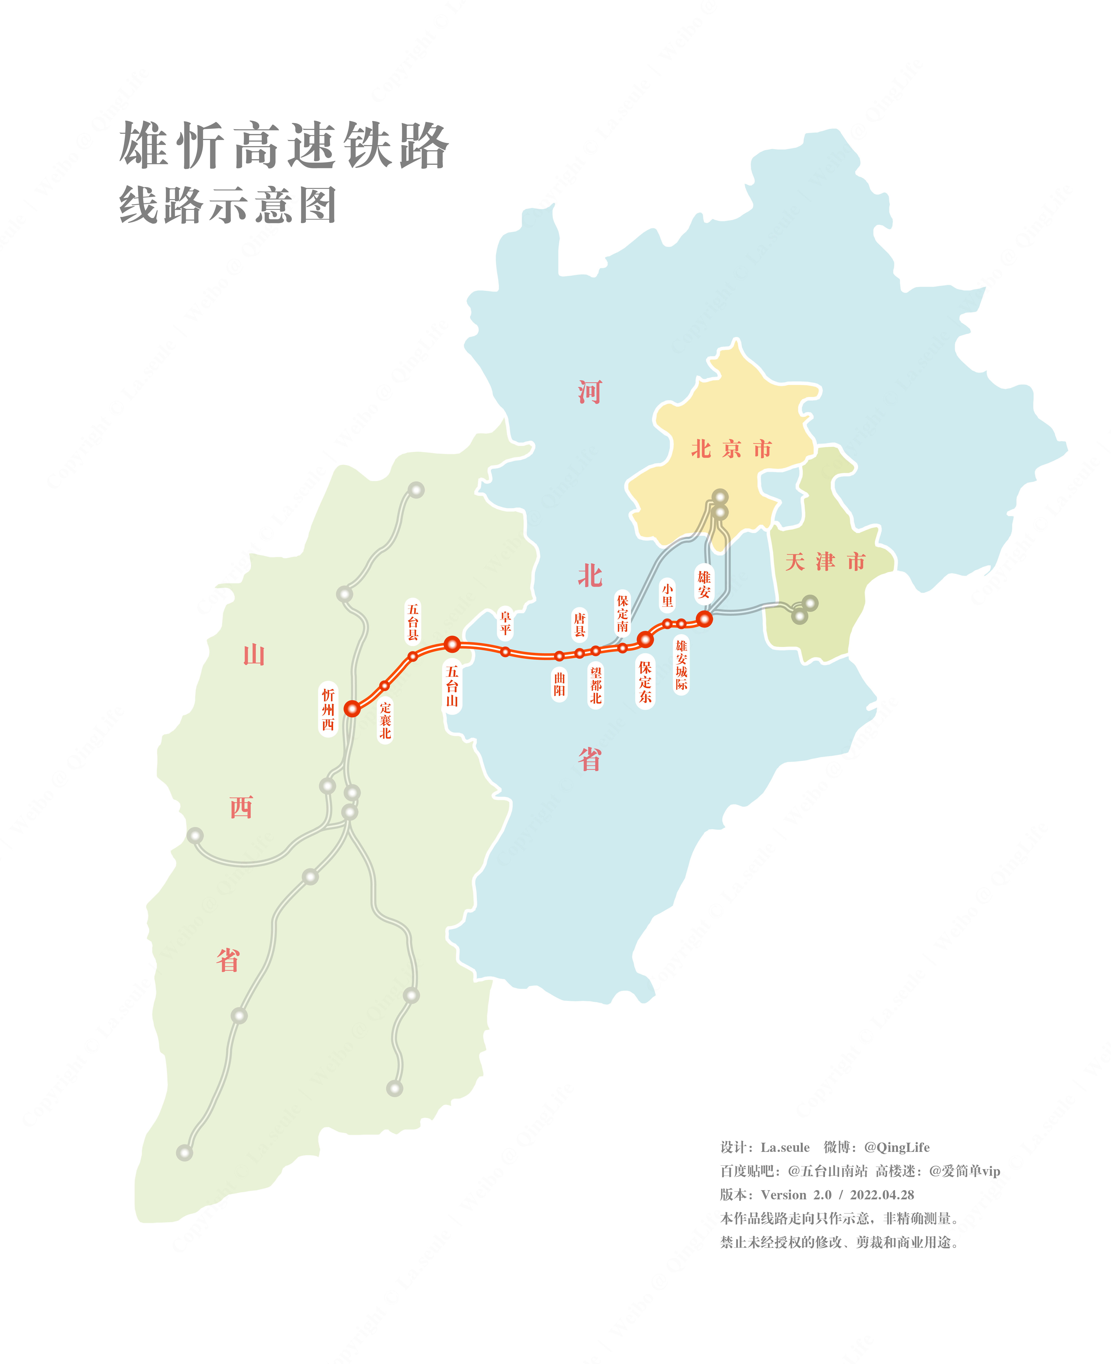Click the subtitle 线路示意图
[x=228, y=205]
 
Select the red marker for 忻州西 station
[x=352, y=708]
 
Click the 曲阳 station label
[x=559, y=684]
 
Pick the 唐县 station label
[x=579, y=624]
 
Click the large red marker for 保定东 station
[x=645, y=639]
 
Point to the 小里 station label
[x=667, y=595]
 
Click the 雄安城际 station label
[x=682, y=665]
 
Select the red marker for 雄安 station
[x=704, y=619]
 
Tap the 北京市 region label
[x=731, y=449]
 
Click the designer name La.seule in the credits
[x=785, y=1147]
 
